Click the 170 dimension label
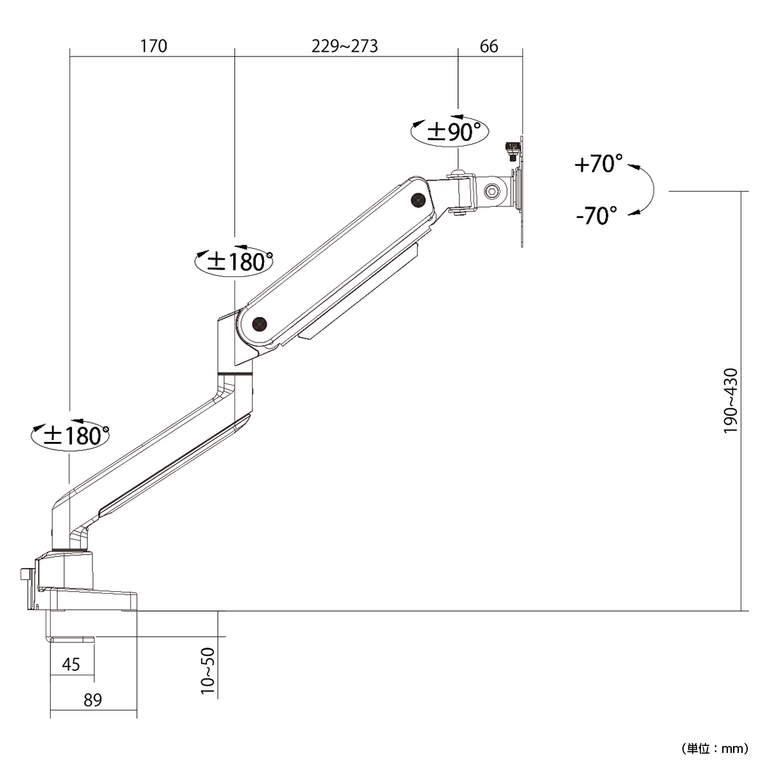tap(154, 46)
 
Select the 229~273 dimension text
tap(344, 46)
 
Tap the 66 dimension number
tap(489, 46)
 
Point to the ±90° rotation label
tap(454, 132)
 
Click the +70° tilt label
tap(599, 163)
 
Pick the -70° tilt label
tap(596, 215)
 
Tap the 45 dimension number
tap(71, 664)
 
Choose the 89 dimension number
tap(93, 700)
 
